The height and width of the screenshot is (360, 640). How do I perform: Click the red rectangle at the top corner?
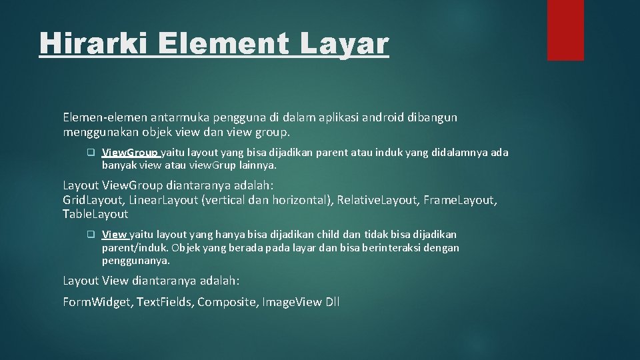(565, 29)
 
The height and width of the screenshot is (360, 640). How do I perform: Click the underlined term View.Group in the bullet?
(130, 153)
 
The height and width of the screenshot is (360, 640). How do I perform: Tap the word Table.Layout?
(95, 214)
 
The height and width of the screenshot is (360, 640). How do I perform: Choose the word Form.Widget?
(98, 302)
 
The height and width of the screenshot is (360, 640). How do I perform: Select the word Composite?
(227, 302)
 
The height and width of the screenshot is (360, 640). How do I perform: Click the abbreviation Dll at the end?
(332, 302)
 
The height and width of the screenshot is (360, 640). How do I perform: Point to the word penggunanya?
(135, 261)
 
